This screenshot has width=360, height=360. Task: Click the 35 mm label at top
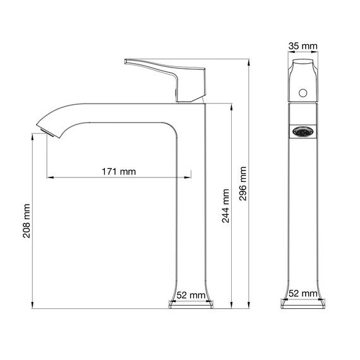pyautogui.click(x=304, y=47)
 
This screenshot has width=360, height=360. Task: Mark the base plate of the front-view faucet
pyautogui.click(x=304, y=305)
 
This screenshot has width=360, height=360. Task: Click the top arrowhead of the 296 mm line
pyautogui.click(x=248, y=61)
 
